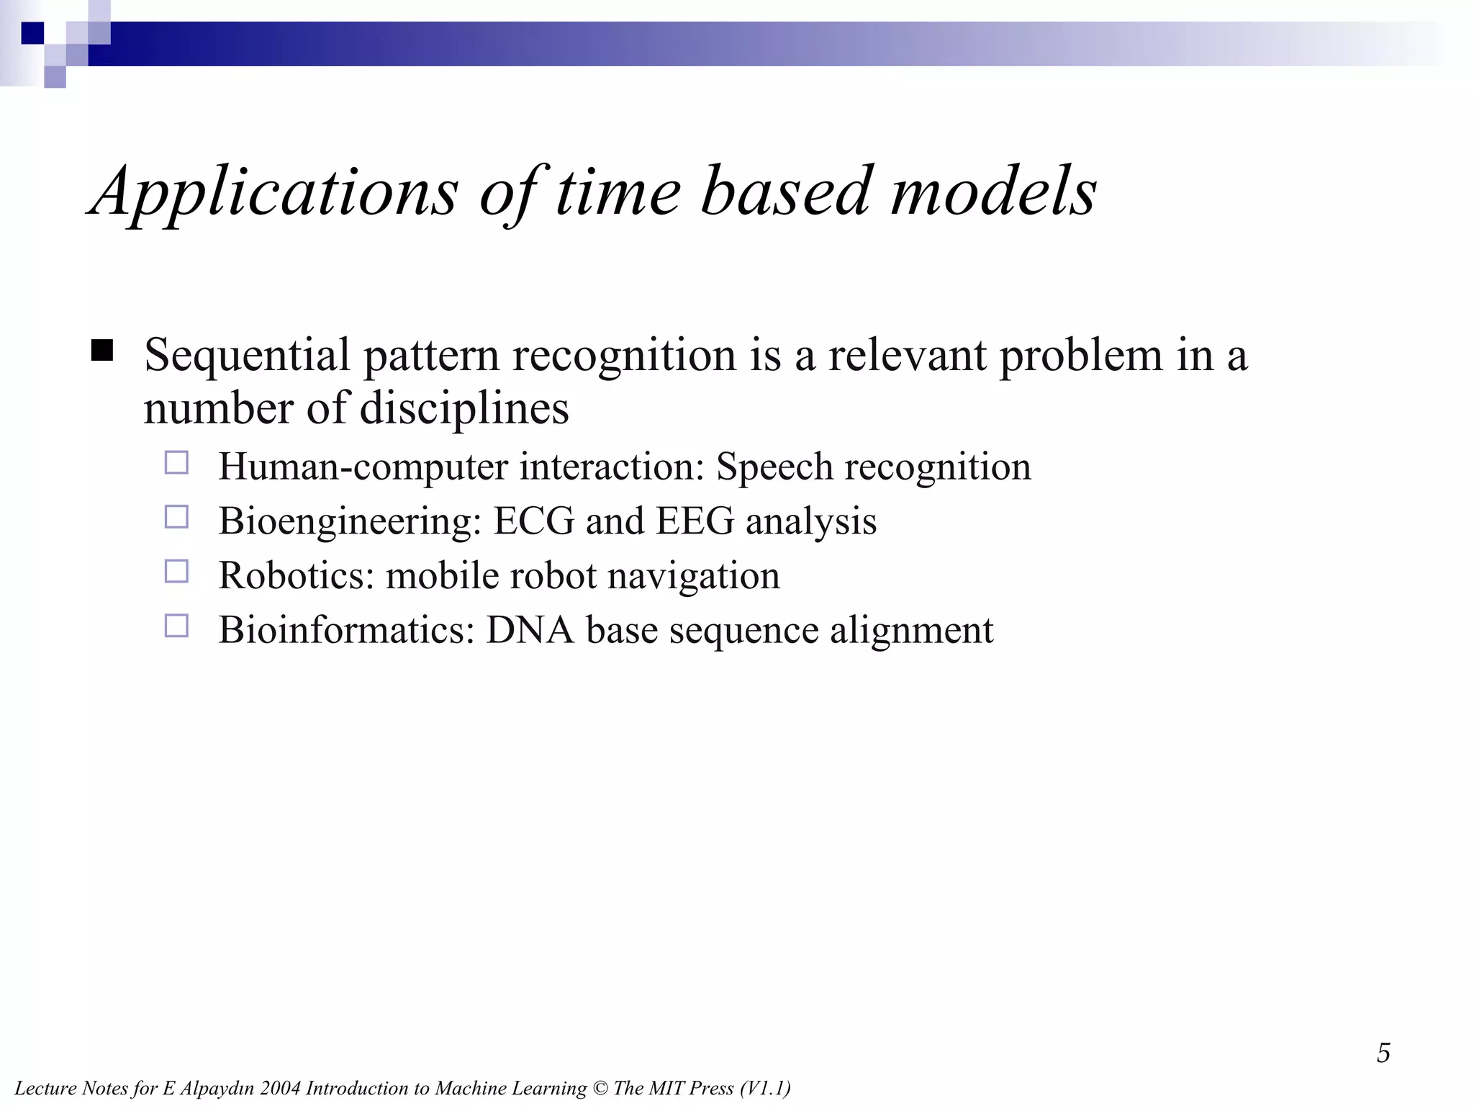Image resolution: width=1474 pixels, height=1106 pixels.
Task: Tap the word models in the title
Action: [x=993, y=192]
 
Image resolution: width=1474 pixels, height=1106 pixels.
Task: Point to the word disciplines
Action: [x=464, y=409]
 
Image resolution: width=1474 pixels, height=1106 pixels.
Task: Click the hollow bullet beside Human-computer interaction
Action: [x=176, y=462]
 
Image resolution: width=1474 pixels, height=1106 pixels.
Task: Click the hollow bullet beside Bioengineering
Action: [x=176, y=517]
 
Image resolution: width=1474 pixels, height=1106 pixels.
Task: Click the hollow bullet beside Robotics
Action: [x=176, y=572]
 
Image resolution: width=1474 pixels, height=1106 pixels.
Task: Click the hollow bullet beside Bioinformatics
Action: [x=176, y=626]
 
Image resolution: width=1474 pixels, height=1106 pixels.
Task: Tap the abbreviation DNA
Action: [x=530, y=630]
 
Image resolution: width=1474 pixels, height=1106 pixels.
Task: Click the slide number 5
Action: [x=1383, y=1053]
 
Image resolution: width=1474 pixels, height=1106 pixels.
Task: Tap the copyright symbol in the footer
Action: [x=600, y=1089]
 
